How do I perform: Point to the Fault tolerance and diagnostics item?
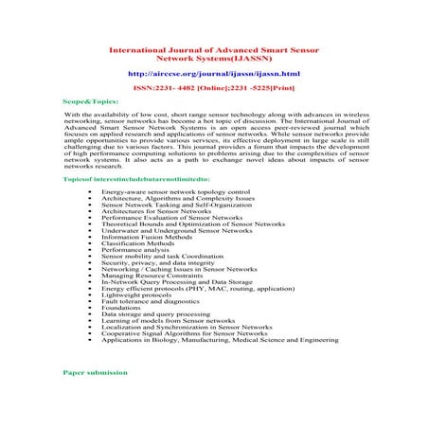[148, 300]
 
